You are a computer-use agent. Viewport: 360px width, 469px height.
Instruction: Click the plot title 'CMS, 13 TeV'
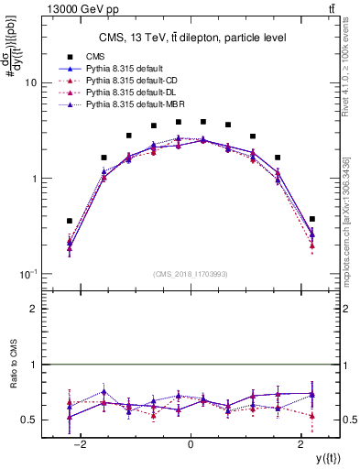(191, 38)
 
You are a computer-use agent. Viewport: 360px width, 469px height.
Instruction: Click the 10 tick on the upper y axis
(30, 82)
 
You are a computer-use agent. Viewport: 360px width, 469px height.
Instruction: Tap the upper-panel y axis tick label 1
(33, 179)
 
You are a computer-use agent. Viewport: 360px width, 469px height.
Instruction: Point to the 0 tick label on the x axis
(191, 444)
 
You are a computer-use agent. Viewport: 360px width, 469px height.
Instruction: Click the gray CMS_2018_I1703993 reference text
(191, 275)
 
